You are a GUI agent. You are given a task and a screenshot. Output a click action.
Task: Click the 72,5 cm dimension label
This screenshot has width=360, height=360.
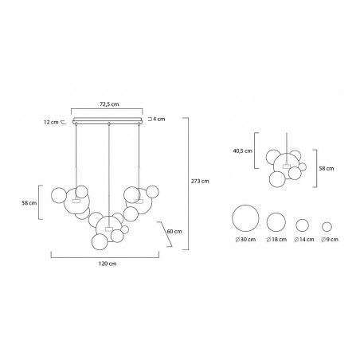coord(109,104)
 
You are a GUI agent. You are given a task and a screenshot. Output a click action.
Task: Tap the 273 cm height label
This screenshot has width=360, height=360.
coord(200,181)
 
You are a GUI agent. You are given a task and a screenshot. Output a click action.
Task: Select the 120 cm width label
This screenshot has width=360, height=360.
coord(108,264)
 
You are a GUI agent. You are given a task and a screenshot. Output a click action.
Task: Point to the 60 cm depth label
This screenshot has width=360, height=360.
coord(174,231)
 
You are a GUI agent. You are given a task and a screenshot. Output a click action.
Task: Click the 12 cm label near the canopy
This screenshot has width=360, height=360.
coord(51,123)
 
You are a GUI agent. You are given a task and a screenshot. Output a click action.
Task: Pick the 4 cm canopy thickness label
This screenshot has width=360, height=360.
coord(158,119)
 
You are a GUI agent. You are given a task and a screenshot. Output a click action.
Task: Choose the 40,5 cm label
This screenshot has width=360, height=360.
coord(243,151)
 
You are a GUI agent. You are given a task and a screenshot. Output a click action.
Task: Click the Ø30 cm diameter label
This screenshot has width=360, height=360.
coord(245,240)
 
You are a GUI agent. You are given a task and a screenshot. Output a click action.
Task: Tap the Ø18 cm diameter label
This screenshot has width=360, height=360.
coord(276,240)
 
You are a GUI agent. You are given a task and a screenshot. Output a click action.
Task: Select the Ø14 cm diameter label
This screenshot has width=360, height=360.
coord(304,240)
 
